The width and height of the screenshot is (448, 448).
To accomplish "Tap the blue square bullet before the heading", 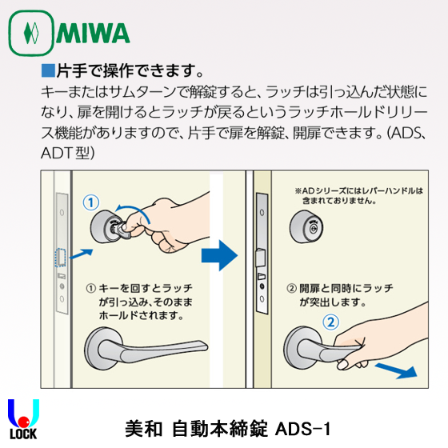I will click(x=46, y=70).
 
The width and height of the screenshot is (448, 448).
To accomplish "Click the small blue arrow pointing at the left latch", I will click(x=81, y=254).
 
